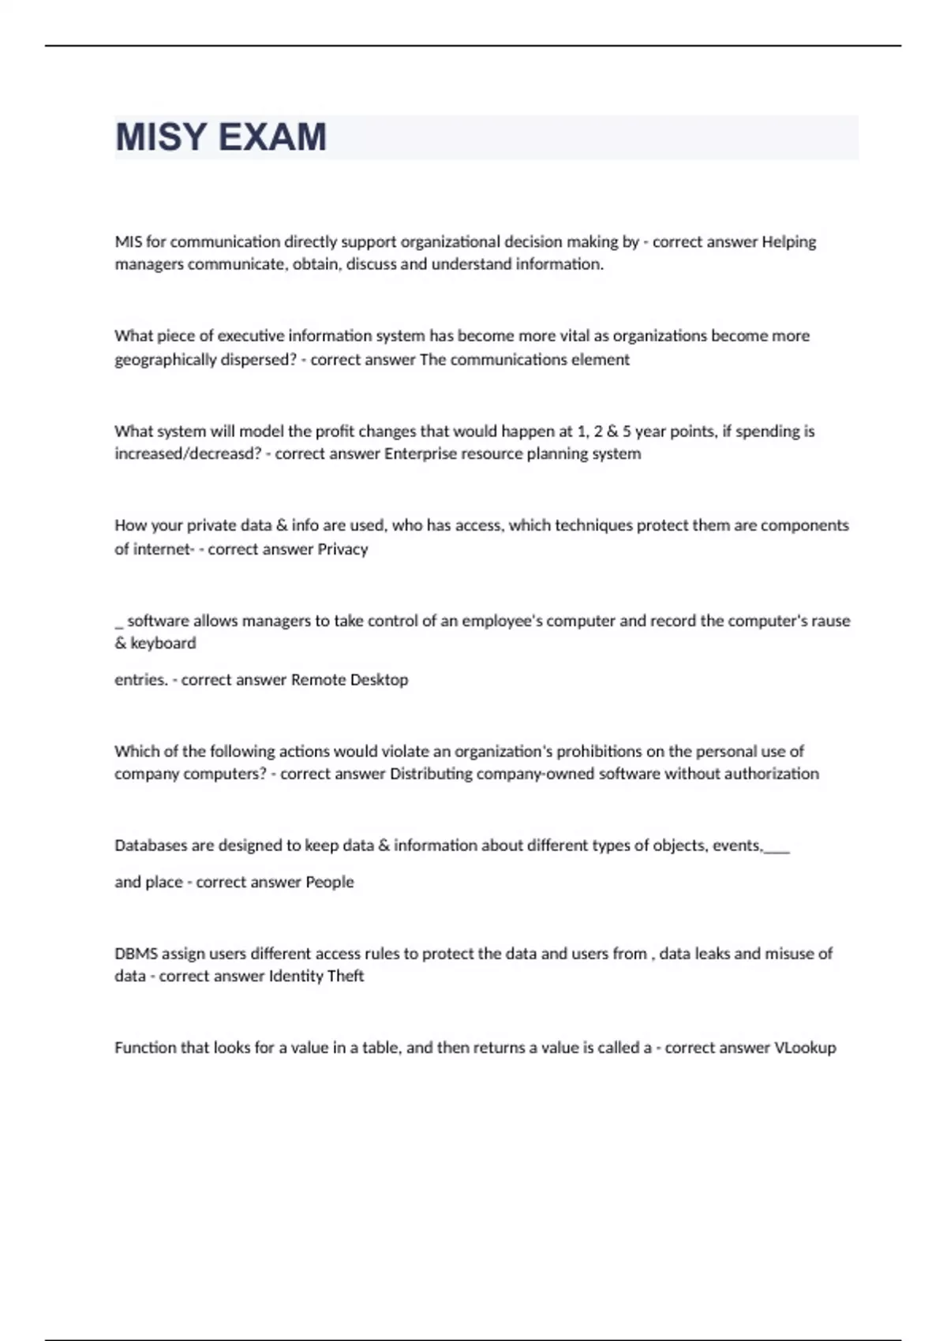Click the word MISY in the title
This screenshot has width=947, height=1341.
(161, 137)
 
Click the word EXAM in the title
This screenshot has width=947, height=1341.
(271, 137)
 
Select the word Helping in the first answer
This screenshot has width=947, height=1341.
(788, 241)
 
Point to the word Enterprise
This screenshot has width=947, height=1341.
(422, 454)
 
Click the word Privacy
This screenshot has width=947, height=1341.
(342, 549)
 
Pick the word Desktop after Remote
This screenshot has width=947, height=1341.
(379, 679)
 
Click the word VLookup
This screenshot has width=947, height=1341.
(805, 1048)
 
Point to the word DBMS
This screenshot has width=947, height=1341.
(136, 954)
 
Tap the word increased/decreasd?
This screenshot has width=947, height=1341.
(188, 454)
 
